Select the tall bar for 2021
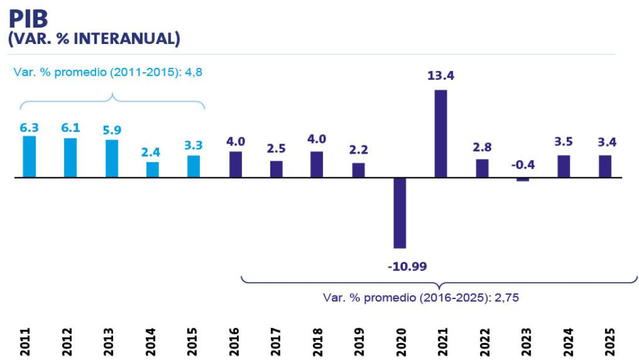pyautogui.click(x=440, y=133)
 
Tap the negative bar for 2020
pyautogui.click(x=399, y=212)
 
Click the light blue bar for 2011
pyautogui.click(x=29, y=156)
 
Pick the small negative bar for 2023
pyautogui.click(x=523, y=179)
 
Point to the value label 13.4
pyautogui.click(x=440, y=76)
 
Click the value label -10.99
pyautogui.click(x=407, y=266)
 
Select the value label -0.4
pyautogui.click(x=523, y=164)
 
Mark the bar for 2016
pyautogui.click(x=235, y=164)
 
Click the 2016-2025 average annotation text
pyautogui.click(x=421, y=297)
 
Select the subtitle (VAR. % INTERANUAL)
pyautogui.click(x=94, y=39)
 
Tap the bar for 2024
pyautogui.click(x=564, y=166)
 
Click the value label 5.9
pyautogui.click(x=111, y=130)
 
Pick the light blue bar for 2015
pyautogui.click(x=193, y=166)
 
